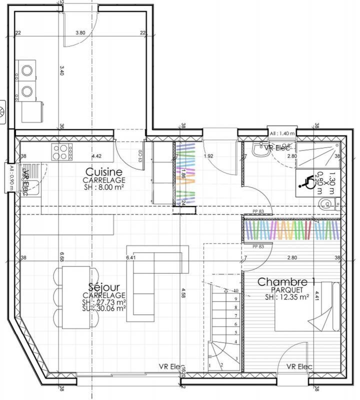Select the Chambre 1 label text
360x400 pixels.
tap(282, 282)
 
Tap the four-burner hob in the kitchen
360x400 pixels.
tap(62, 151)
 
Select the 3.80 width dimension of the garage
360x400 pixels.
tap(80, 33)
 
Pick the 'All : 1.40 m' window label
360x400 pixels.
tap(282, 134)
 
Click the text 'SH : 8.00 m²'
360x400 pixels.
tap(104, 187)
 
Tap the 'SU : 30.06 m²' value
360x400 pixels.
tap(103, 308)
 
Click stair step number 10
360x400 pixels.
tap(235, 290)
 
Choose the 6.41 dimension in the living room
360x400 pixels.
tap(131, 258)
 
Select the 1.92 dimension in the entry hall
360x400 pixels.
tap(208, 156)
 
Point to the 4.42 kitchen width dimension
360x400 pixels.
tap(96, 156)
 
